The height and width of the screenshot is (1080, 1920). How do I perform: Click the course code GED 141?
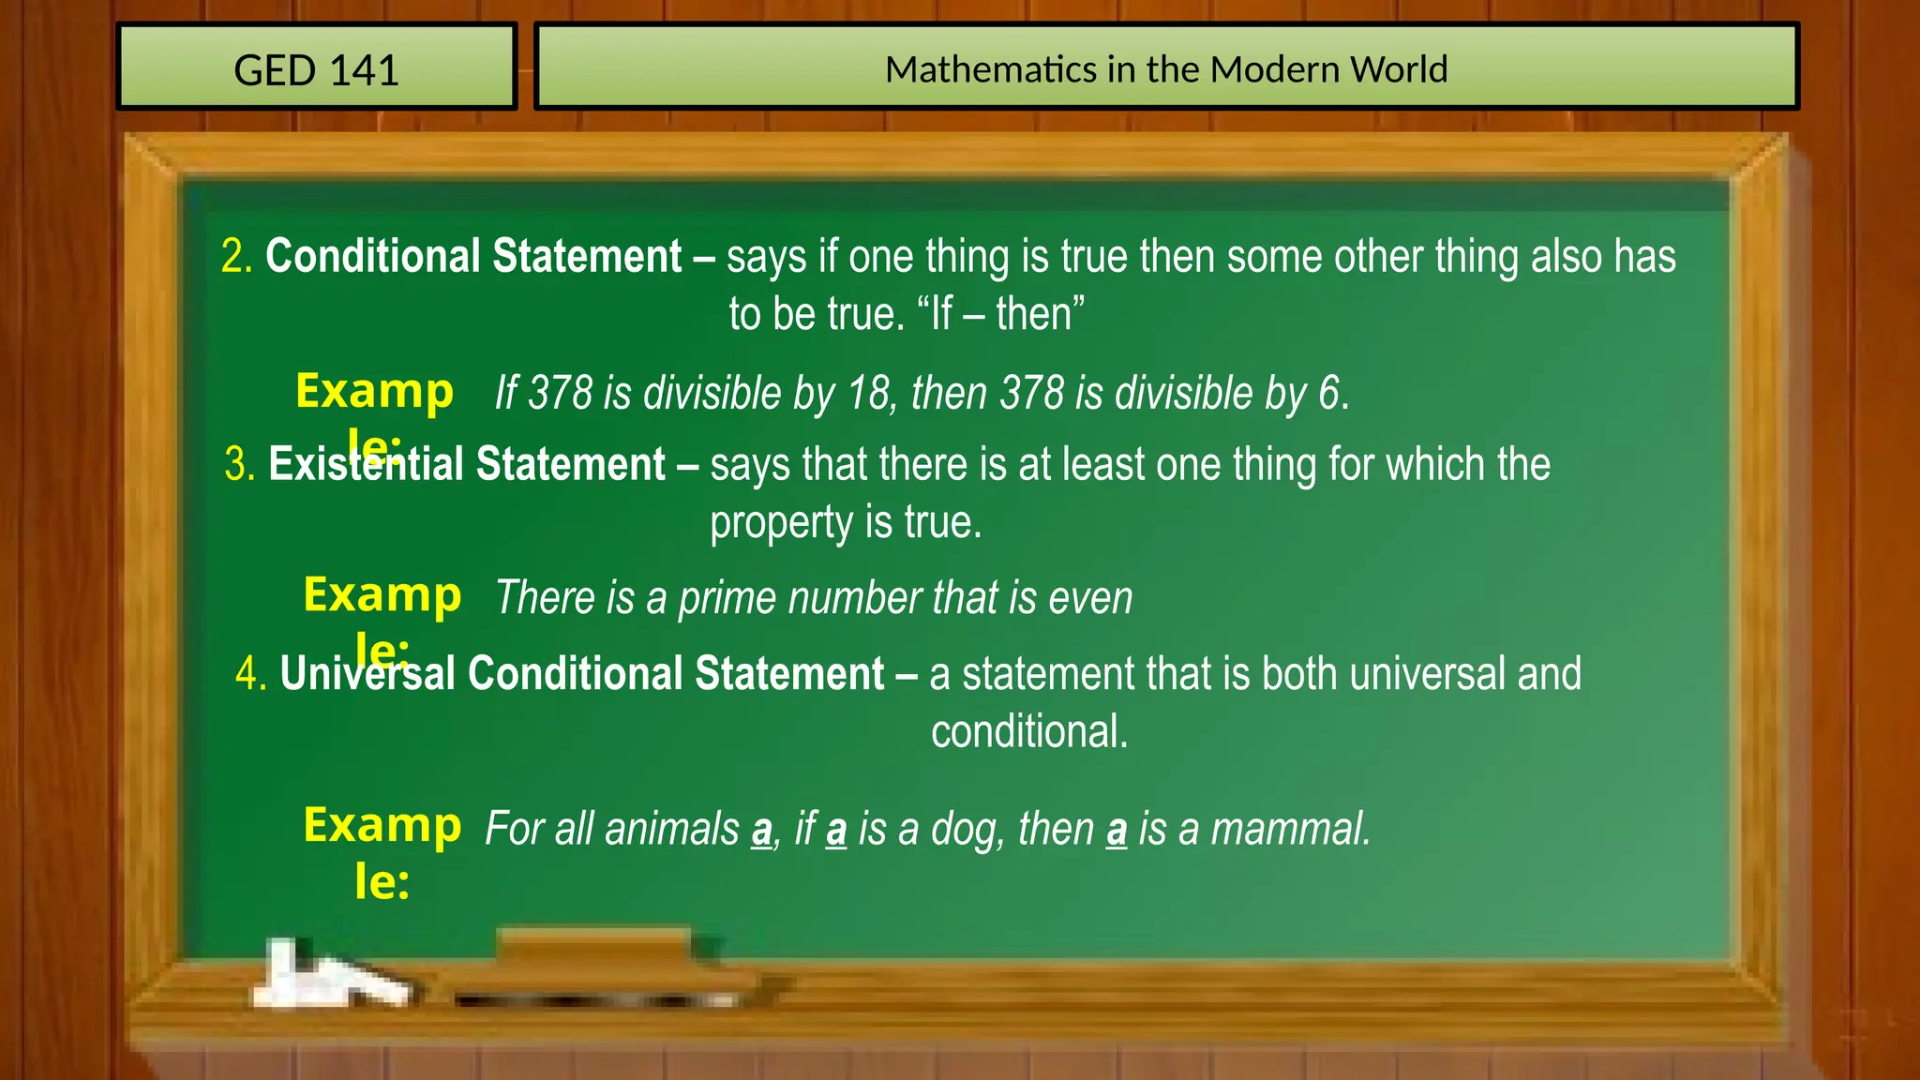pyautogui.click(x=316, y=70)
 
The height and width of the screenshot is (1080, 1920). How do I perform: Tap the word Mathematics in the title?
pyautogui.click(x=991, y=69)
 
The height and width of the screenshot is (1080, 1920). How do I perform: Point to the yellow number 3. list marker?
pyautogui.click(x=240, y=464)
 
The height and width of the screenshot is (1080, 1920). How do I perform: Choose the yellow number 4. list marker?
pyautogui.click(x=251, y=673)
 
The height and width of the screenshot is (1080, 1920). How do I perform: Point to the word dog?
pyautogui.click(x=966, y=829)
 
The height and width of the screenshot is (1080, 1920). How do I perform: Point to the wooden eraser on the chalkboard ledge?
pyautogui.click(x=594, y=947)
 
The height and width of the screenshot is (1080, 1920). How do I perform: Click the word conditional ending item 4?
pyautogui.click(x=1028, y=731)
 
